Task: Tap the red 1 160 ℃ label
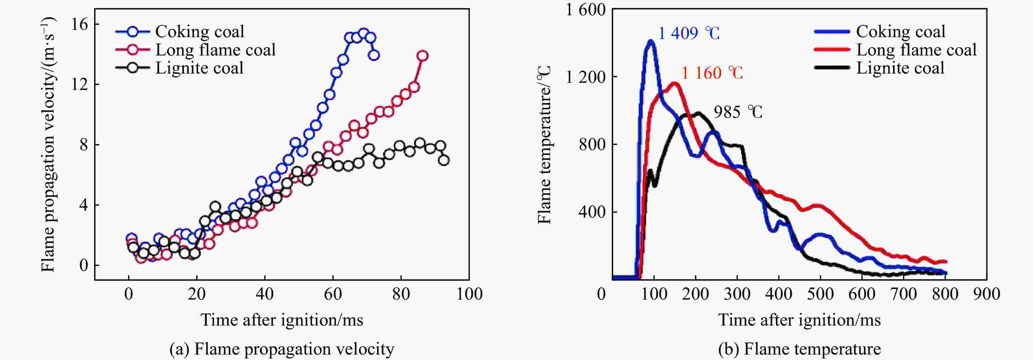coord(712,73)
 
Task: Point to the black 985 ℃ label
coord(738,112)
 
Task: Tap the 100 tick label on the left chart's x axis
coord(469,294)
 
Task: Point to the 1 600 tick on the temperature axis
coord(585,10)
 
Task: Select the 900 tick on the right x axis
coord(987,294)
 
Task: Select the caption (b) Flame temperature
coord(799,349)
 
